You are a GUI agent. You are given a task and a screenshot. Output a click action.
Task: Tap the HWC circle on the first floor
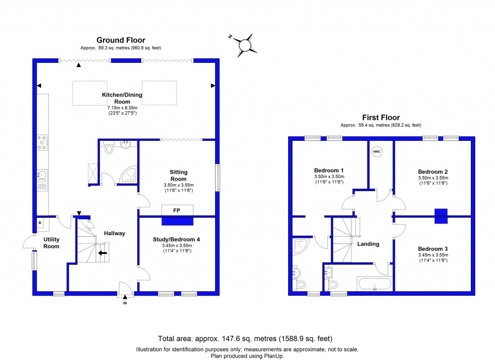[x=376, y=152]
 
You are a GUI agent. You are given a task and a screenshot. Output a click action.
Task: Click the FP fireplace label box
[x=177, y=210]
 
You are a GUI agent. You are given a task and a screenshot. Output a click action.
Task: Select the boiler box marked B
[x=40, y=223]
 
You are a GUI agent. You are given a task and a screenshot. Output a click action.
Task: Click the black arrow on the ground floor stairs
[x=103, y=252]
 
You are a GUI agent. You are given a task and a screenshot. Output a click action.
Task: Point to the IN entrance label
[x=125, y=303]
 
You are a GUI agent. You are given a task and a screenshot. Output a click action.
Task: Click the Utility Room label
[x=51, y=243]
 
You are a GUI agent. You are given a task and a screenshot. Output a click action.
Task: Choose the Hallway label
[x=115, y=233]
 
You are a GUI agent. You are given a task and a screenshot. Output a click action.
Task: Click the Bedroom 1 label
[x=329, y=170]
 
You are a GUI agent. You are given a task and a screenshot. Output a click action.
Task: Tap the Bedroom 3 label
[x=433, y=249]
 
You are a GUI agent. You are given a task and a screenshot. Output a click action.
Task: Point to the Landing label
[x=368, y=244]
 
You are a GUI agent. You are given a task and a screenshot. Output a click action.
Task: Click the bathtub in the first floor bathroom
[x=375, y=284]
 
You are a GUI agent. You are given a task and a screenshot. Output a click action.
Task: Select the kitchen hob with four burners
[x=42, y=141]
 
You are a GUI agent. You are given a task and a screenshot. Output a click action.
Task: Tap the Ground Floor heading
[x=121, y=40]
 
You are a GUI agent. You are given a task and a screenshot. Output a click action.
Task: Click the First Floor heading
[x=381, y=118]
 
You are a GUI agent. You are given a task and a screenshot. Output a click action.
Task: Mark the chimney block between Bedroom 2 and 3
[x=441, y=216]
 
